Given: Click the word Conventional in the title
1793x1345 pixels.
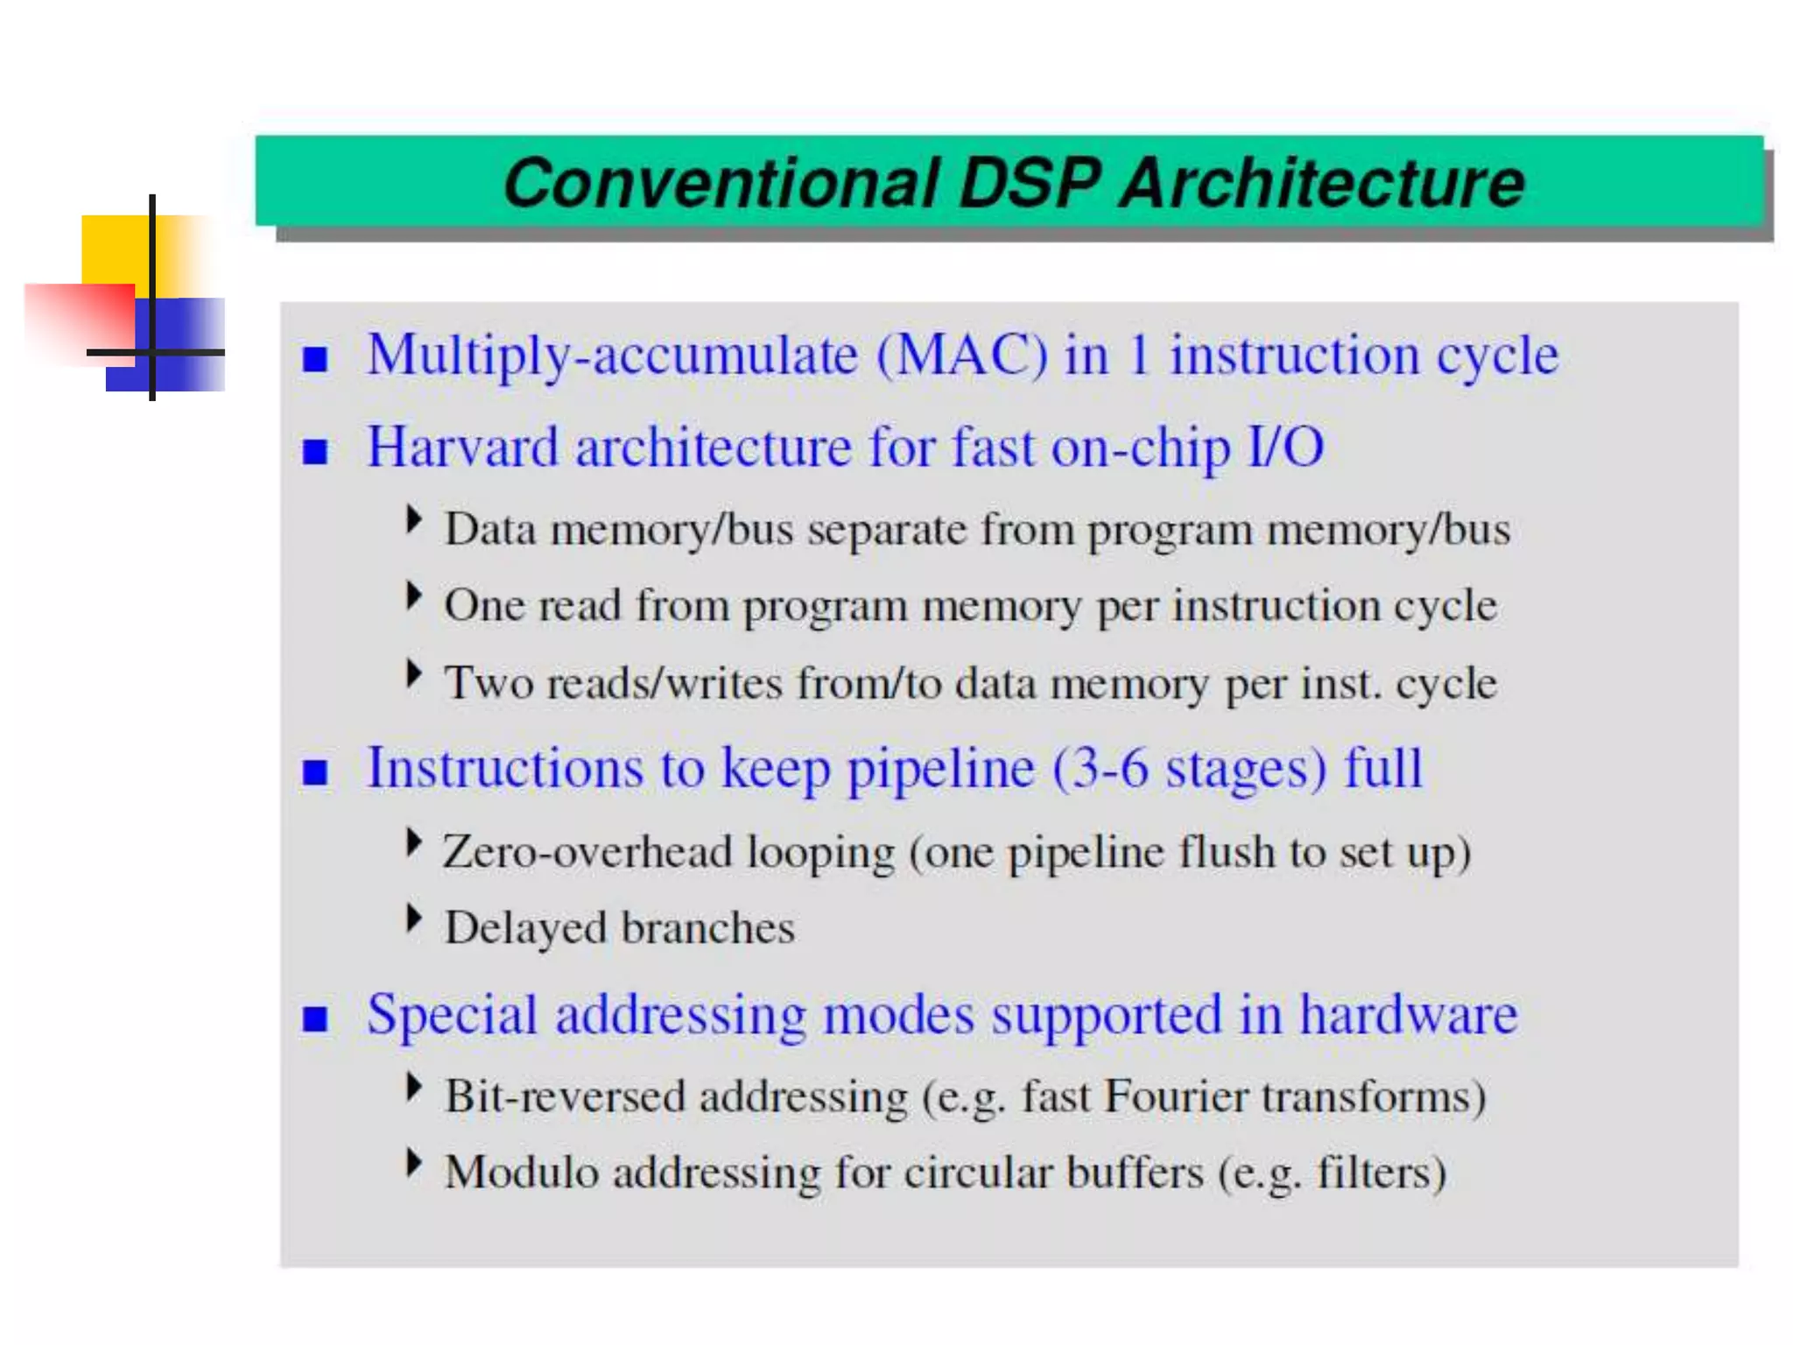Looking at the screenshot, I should [x=721, y=184].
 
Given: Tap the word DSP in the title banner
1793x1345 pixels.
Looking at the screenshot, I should [x=1029, y=184].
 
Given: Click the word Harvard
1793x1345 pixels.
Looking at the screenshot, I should [x=462, y=447].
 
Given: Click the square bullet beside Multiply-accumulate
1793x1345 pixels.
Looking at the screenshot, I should [x=315, y=359].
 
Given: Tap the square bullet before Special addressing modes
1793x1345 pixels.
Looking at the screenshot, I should [x=315, y=1018].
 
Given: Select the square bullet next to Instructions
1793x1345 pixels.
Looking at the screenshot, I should [x=315, y=771].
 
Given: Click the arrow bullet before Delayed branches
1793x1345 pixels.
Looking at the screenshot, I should [x=413, y=919].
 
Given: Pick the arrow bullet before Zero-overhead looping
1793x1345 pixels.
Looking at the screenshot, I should [x=413, y=842].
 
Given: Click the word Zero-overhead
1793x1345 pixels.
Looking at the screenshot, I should [x=587, y=852].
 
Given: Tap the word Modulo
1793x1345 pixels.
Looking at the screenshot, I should [x=521, y=1172].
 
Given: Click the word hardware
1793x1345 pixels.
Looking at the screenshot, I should [x=1408, y=1016].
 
